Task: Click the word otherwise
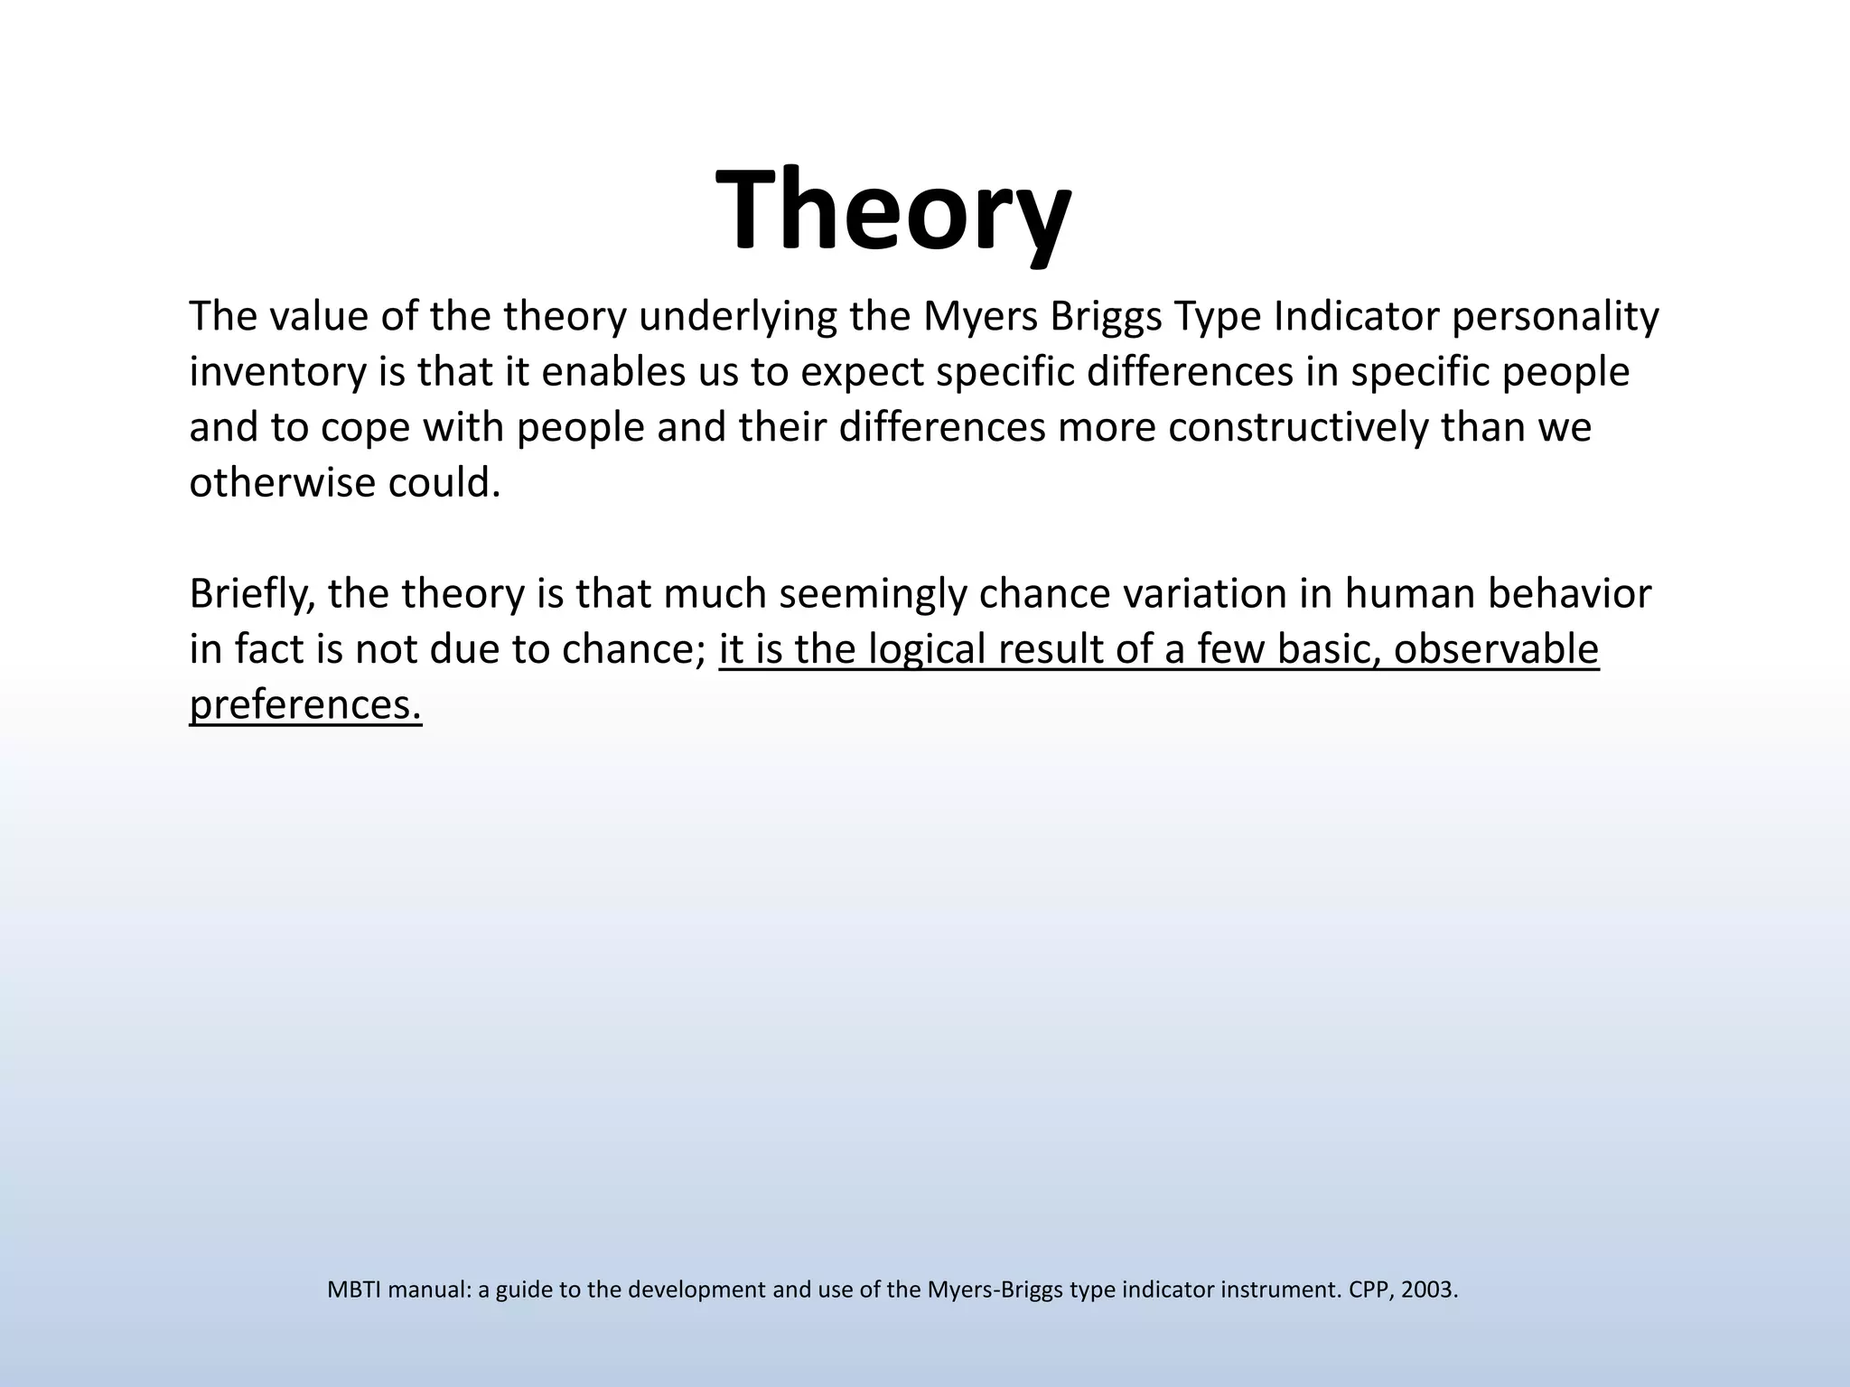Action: pyautogui.click(x=282, y=483)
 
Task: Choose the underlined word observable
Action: pyautogui.click(x=1496, y=649)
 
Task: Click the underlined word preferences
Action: pyautogui.click(x=305, y=705)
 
